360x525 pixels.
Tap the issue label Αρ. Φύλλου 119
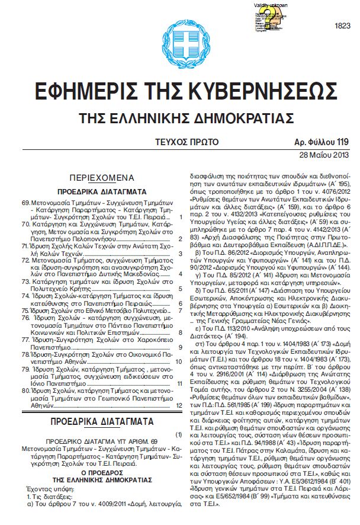(x=322, y=142)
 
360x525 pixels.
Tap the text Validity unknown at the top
(x=271, y=5)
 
